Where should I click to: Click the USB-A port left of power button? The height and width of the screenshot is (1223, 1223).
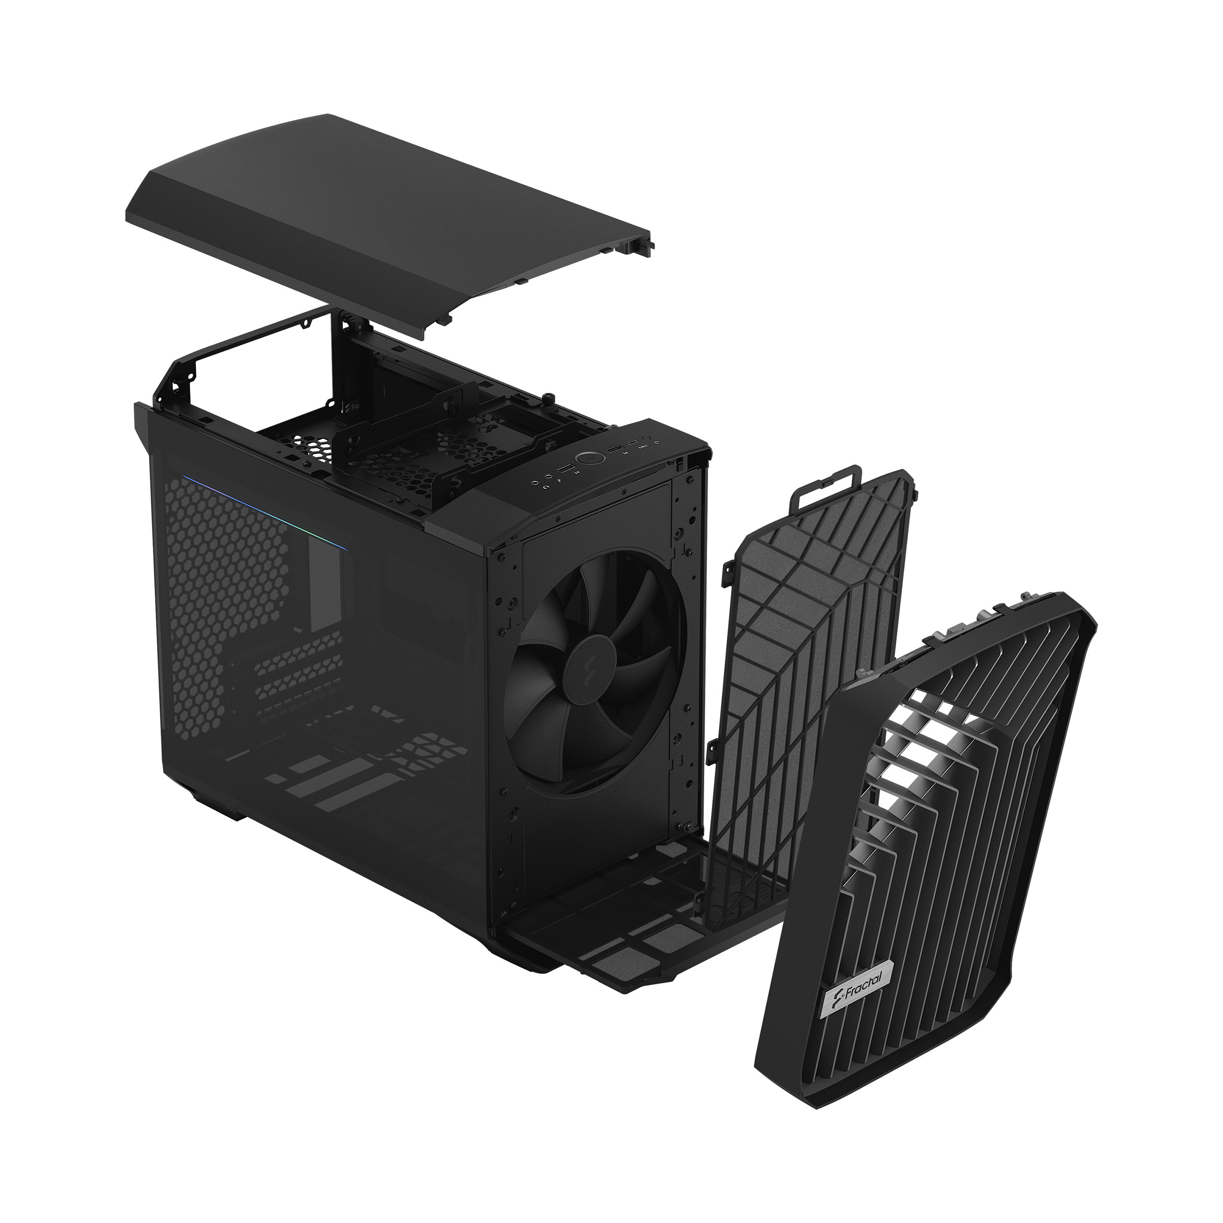(x=566, y=469)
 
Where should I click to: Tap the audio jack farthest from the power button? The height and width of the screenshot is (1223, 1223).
(x=536, y=483)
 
